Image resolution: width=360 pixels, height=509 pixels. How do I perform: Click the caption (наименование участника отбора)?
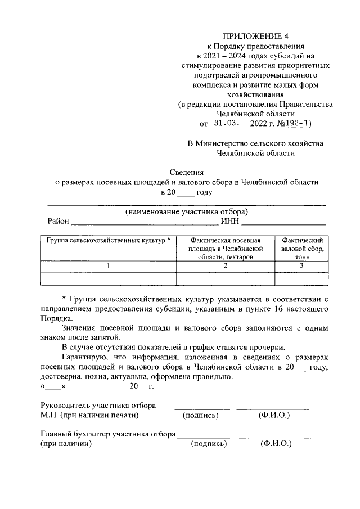pyautogui.click(x=186, y=213)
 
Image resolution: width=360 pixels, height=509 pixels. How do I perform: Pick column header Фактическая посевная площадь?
pyautogui.click(x=225, y=248)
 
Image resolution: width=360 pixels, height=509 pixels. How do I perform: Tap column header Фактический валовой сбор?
pyautogui.click(x=301, y=248)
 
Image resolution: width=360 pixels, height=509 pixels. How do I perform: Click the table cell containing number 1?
pyautogui.click(x=109, y=265)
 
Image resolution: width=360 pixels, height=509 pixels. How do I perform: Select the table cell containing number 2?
pyautogui.click(x=225, y=265)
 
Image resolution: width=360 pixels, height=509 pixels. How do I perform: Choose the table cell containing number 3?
pyautogui.click(x=301, y=265)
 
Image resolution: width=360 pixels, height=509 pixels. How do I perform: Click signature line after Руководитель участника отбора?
pyautogui.click(x=201, y=407)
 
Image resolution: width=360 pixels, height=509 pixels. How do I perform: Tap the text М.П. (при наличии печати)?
pyautogui.click(x=90, y=416)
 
